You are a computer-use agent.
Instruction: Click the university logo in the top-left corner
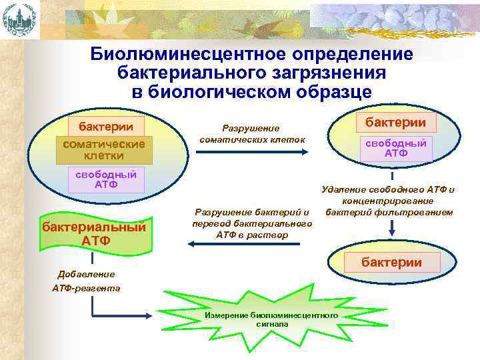(17, 19)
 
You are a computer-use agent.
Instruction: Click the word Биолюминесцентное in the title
(175, 54)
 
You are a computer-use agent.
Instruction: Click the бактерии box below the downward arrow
(391, 262)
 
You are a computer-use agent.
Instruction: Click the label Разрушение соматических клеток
(252, 134)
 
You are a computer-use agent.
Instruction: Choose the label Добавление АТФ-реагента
(86, 281)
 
